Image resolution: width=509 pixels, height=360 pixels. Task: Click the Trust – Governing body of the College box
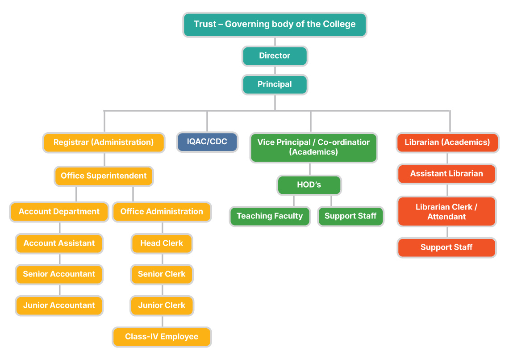[x=275, y=25]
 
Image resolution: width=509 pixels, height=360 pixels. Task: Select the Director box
[x=275, y=56]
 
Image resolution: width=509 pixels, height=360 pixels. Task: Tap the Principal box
[x=275, y=84]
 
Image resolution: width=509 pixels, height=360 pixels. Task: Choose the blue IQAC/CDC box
[x=207, y=142]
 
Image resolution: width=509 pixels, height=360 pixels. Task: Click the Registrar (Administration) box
[x=104, y=142]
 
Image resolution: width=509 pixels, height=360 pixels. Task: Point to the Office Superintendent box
[x=104, y=176]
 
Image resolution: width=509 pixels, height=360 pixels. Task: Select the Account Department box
[x=59, y=212]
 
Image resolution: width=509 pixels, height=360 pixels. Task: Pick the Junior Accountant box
[x=59, y=306]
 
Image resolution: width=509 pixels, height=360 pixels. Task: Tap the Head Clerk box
[x=162, y=243]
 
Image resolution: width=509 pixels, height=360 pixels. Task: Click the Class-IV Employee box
[x=162, y=337]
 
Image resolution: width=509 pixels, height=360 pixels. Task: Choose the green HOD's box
[x=309, y=185]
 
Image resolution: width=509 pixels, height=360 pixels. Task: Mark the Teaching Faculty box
[x=270, y=216]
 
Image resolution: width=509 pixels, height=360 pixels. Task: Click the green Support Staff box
[x=350, y=216]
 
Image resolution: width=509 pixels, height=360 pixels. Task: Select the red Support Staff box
[x=446, y=247]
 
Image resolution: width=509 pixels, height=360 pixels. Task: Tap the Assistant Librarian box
[x=446, y=174]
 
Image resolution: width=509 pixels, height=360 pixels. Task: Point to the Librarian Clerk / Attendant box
[x=446, y=212]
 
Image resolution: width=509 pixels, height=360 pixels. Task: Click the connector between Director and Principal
[x=275, y=71]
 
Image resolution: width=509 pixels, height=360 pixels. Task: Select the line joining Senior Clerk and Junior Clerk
[x=162, y=290]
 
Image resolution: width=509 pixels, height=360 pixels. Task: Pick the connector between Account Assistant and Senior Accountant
[x=59, y=259]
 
